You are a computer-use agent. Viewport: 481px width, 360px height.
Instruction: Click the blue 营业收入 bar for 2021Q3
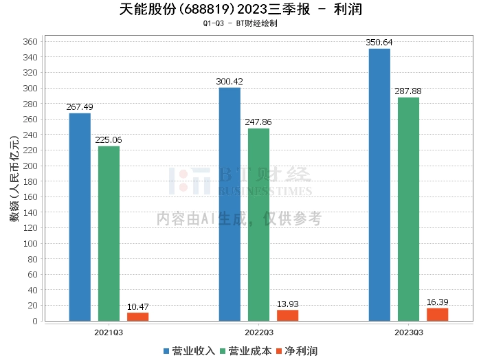(80, 217)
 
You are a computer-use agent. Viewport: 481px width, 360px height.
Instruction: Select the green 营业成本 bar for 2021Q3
(109, 234)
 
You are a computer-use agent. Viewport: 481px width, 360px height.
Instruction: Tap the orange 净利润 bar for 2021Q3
(137, 317)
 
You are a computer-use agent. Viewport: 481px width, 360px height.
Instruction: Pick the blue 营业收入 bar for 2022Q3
(230, 204)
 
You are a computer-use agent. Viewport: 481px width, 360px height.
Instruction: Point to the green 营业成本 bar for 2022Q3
(258, 225)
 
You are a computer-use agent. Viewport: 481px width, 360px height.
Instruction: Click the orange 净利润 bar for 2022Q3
(287, 315)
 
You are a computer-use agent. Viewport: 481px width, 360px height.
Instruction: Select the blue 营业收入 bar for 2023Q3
(379, 185)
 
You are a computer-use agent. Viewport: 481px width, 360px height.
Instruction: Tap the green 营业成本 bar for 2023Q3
(408, 209)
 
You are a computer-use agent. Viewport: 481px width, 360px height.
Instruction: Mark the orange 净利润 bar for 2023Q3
(437, 315)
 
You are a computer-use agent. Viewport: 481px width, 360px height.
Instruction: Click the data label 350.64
(379, 43)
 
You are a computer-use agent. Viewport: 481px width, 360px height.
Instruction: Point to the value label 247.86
(258, 122)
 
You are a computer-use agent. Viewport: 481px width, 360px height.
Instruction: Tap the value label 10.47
(137, 306)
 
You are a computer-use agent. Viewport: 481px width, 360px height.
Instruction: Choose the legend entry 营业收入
(190, 350)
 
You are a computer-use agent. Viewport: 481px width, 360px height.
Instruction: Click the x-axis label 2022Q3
(258, 332)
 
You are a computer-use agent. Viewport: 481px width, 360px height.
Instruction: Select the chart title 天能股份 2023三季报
(240, 10)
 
